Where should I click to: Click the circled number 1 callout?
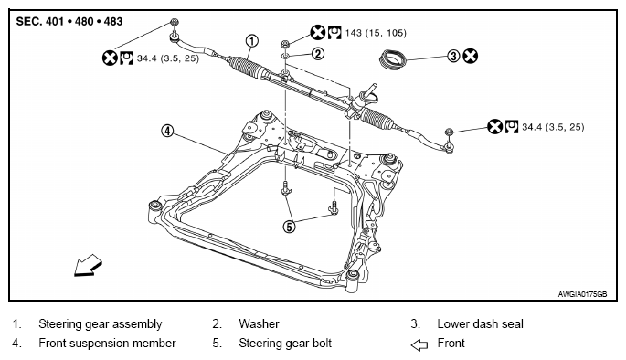tap(251, 41)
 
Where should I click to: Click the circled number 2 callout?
tap(317, 54)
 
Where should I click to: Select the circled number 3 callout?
tap(453, 56)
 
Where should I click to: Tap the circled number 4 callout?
tap(167, 131)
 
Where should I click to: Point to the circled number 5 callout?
tap(289, 227)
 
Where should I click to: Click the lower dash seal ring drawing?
tap(392, 59)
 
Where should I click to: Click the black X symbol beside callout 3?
tap(471, 56)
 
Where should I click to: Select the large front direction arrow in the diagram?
tap(89, 265)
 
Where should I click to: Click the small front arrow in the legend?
tap(419, 344)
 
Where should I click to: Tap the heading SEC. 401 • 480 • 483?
tap(69, 22)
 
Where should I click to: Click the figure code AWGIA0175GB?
tap(582, 294)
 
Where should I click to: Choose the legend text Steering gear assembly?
tap(101, 324)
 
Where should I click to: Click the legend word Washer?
tap(260, 323)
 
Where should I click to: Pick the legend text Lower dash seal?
tap(481, 323)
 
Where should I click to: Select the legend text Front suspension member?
tap(108, 344)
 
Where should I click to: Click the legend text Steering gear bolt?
tap(285, 344)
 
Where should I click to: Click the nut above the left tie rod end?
tap(174, 22)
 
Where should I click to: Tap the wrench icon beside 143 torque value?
tap(334, 32)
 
